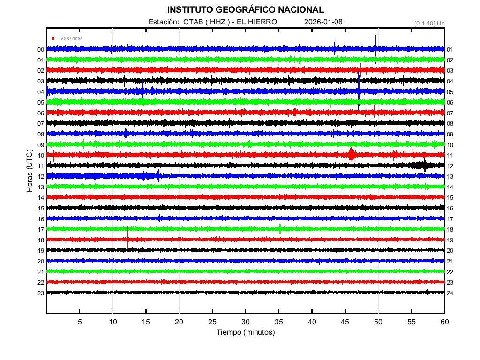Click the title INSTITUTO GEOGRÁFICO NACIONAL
click(x=245, y=10)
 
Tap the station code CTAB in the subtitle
click(x=193, y=22)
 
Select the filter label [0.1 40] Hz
click(x=429, y=22)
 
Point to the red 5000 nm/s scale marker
click(x=54, y=38)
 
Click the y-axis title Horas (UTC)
click(x=30, y=171)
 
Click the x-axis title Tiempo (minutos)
click(x=246, y=332)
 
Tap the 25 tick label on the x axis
click(x=212, y=322)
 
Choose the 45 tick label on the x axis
click(x=345, y=322)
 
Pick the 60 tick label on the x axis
click(x=444, y=322)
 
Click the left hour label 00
click(x=41, y=50)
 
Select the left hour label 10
click(x=41, y=156)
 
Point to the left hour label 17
click(x=41, y=230)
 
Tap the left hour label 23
click(x=41, y=293)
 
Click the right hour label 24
click(x=450, y=293)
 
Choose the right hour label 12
click(x=450, y=166)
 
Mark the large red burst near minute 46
click(x=351, y=154)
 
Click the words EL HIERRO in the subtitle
click(x=257, y=22)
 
